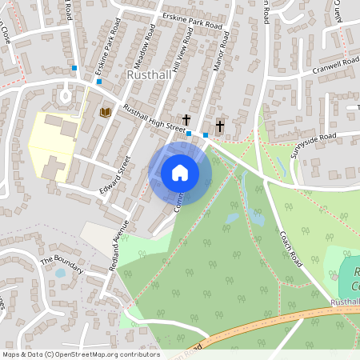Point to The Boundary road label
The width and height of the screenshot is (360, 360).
62,265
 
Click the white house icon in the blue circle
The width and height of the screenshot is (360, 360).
180,172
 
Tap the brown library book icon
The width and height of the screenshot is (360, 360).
104,112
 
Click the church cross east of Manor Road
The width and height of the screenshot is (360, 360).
219,126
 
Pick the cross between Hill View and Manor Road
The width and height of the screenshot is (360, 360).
186,118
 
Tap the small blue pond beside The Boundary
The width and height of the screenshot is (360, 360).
60,273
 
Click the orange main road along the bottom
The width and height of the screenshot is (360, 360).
264,322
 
